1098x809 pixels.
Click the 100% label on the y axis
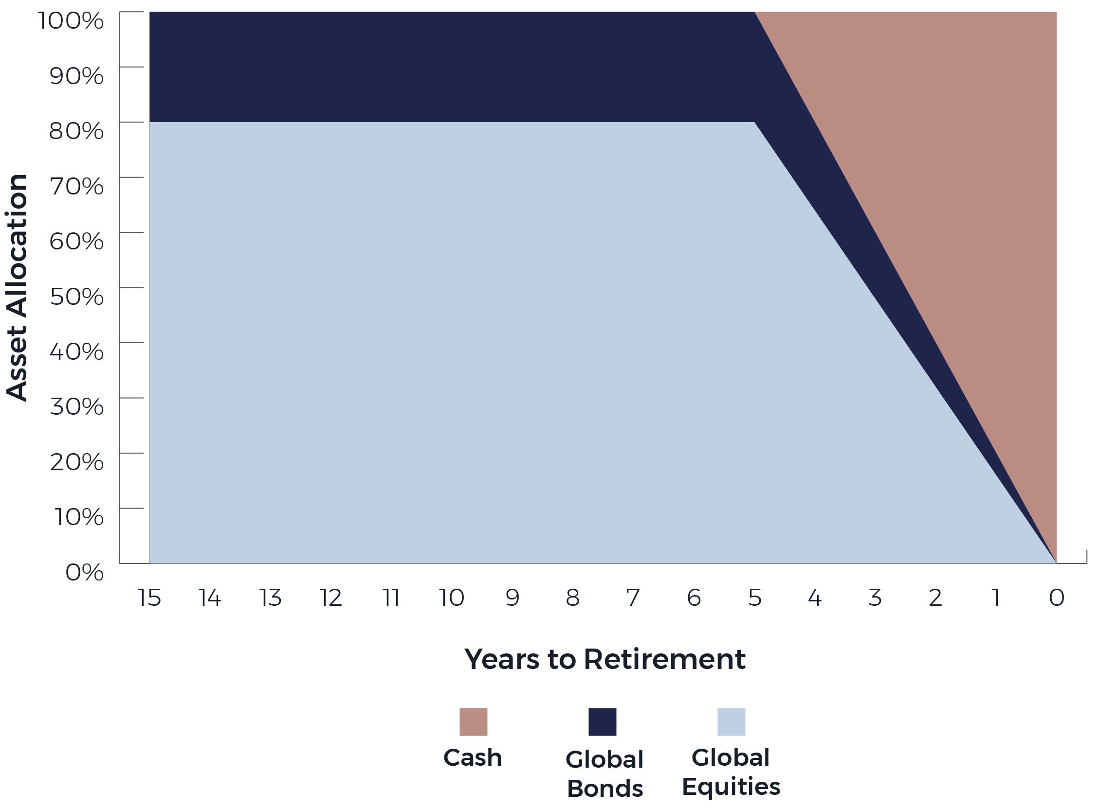pyautogui.click(x=71, y=21)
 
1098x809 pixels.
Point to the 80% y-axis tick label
pyautogui.click(x=76, y=131)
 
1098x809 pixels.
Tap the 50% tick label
pyautogui.click(x=77, y=296)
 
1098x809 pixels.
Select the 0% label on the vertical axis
pyautogui.click(x=84, y=572)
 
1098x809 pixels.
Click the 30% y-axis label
pyautogui.click(x=77, y=406)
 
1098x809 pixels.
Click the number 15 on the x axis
pyautogui.click(x=149, y=598)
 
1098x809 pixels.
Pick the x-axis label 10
pyautogui.click(x=451, y=598)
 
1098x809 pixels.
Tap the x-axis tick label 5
pyautogui.click(x=755, y=598)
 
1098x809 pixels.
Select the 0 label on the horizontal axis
pyautogui.click(x=1056, y=598)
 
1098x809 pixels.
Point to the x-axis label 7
pyautogui.click(x=633, y=598)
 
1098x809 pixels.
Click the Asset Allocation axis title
pyautogui.click(x=17, y=287)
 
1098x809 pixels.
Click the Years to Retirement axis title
pyautogui.click(x=605, y=659)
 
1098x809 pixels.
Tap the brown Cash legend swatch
pyautogui.click(x=473, y=722)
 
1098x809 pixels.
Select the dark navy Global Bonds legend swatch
pyautogui.click(x=603, y=722)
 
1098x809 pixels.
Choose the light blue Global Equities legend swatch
pyautogui.click(x=732, y=722)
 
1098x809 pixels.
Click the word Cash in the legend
pyautogui.click(x=473, y=758)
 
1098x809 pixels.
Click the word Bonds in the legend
pyautogui.click(x=605, y=789)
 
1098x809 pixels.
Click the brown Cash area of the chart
pyautogui.click(x=956, y=196)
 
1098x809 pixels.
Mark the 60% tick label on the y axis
pyautogui.click(x=76, y=242)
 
